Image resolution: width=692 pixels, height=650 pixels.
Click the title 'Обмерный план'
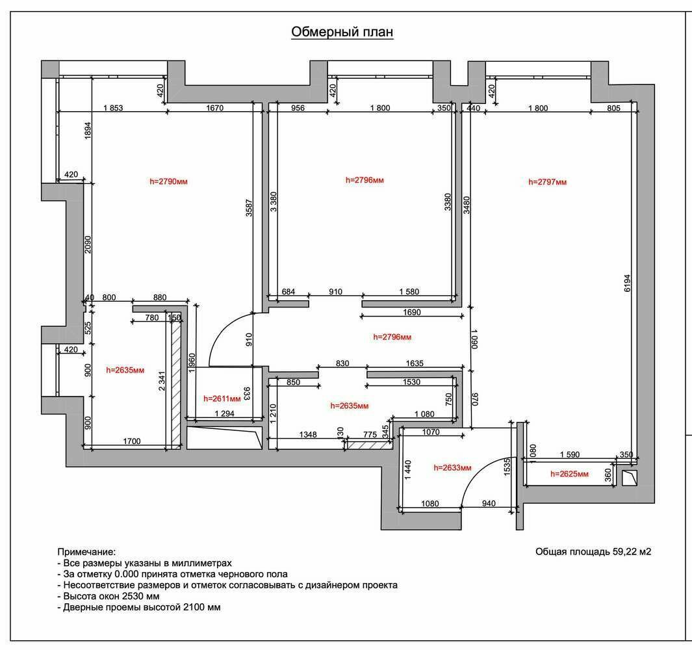[342, 32]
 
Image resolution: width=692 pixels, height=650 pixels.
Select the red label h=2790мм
[168, 181]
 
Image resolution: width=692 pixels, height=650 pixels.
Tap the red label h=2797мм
[547, 181]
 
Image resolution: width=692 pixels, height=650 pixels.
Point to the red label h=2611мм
[222, 398]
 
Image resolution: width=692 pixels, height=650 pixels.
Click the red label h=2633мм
[452, 467]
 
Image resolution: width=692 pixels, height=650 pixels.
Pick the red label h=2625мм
[569, 474]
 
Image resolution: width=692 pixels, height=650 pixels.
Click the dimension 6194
[627, 283]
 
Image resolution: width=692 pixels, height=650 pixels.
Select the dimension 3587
[249, 207]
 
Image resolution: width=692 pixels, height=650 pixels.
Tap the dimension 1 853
[114, 108]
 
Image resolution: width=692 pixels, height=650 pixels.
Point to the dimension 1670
[215, 108]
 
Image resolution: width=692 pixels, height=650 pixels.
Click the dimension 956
[298, 108]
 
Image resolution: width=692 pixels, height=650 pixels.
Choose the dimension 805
[613, 108]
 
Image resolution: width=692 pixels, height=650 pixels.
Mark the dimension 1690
[412, 312]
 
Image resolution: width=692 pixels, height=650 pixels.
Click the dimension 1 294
[225, 414]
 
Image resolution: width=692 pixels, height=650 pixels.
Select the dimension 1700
[131, 441]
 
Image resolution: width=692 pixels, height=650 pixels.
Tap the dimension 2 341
[162, 381]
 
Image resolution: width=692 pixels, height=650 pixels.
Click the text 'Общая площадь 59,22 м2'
[593, 552]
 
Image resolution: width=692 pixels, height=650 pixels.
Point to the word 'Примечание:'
[86, 552]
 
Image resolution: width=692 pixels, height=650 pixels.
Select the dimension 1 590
[570, 454]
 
